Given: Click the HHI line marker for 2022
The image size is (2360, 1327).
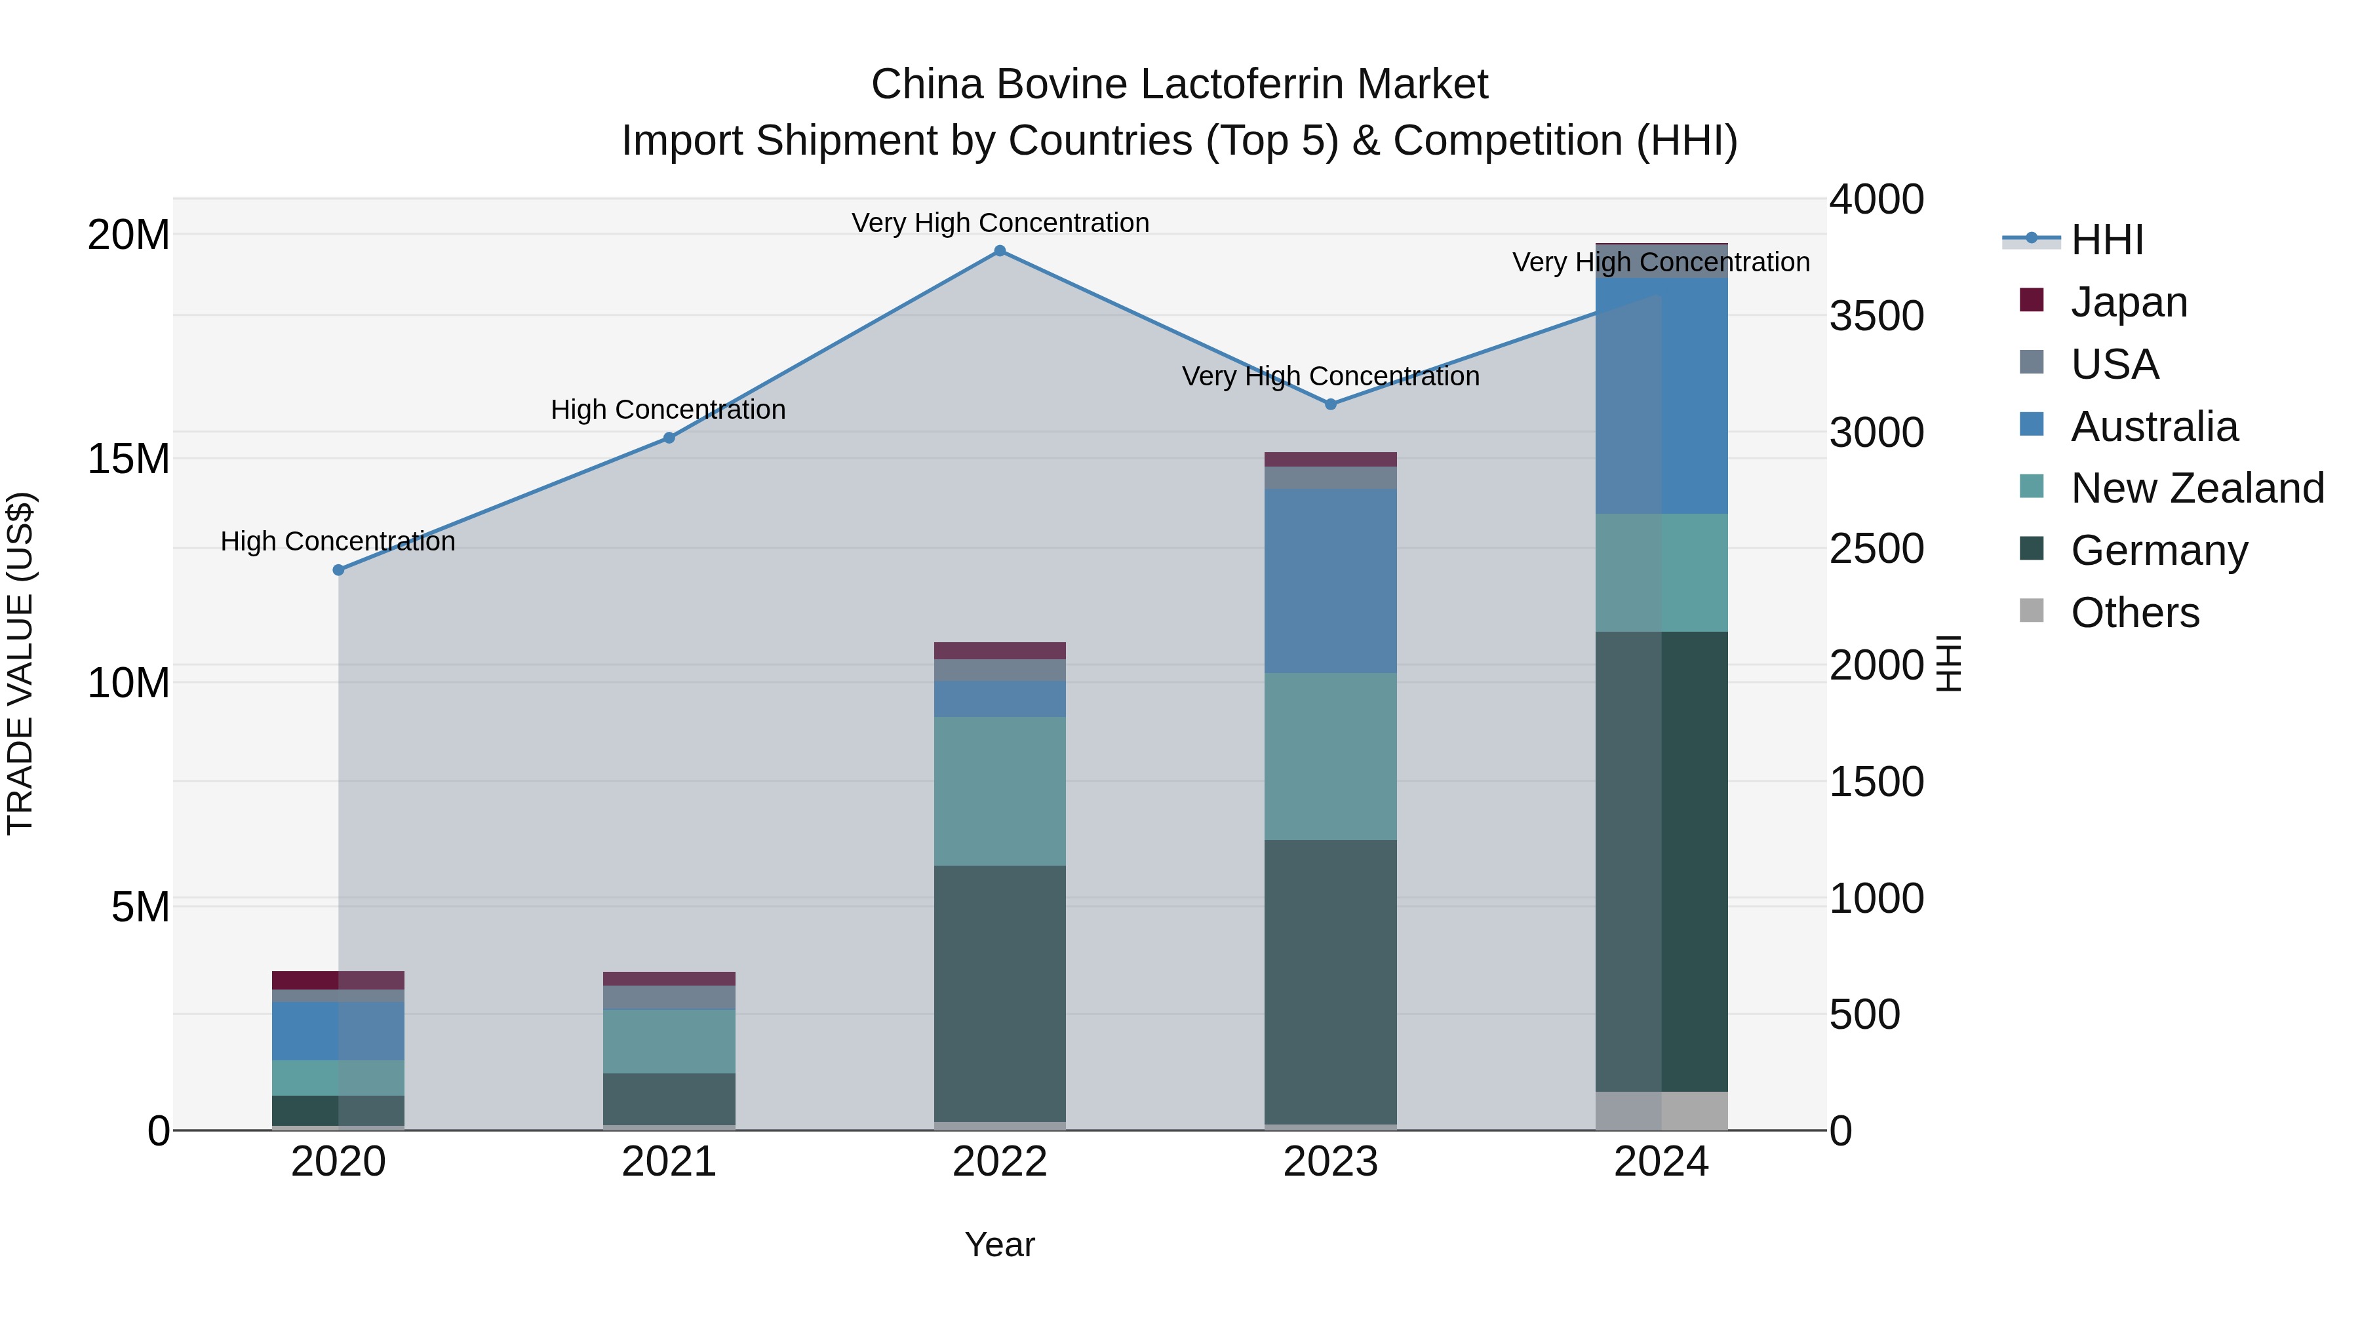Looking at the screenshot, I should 1000,251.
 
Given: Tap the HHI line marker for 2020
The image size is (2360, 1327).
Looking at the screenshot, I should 338,569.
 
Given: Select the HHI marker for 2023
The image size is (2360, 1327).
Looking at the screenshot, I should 1330,404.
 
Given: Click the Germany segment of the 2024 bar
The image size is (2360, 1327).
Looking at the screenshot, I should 1661,861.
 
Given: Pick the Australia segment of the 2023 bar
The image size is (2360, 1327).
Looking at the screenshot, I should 1330,581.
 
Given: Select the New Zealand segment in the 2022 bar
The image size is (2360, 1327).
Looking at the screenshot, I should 1000,790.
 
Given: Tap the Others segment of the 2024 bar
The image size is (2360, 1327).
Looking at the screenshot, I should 1661,1110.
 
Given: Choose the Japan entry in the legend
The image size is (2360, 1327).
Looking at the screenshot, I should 2128,302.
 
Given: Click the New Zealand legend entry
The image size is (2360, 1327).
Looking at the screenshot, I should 2196,488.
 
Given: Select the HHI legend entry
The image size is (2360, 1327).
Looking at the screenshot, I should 2106,240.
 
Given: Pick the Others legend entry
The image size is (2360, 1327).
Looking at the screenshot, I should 2134,613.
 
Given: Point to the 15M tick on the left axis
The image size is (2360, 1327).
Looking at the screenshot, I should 128,459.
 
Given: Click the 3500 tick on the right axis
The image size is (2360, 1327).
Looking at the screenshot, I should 1876,316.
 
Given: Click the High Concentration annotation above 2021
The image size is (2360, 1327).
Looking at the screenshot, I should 668,410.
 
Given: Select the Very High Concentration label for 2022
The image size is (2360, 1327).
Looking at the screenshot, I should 1000,223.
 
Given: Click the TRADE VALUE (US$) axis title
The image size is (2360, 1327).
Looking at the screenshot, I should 20,663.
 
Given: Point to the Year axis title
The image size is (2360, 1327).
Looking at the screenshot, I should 1000,1244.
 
